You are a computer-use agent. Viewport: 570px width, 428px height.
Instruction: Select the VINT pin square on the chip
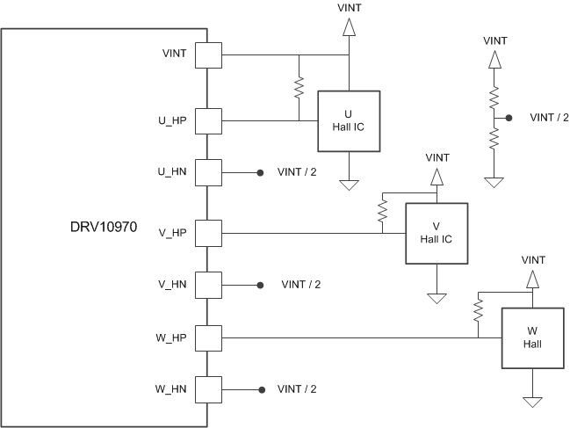(x=208, y=55)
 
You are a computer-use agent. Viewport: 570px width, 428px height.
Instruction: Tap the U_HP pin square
(x=208, y=120)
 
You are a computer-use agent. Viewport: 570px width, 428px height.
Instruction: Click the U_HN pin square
(x=208, y=172)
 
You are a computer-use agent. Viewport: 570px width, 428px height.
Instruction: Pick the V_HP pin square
(x=208, y=233)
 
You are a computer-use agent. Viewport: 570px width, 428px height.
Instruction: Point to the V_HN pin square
(x=208, y=285)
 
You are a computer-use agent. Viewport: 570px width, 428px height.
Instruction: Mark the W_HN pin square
(x=208, y=388)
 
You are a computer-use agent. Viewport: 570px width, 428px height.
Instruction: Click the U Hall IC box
(x=349, y=120)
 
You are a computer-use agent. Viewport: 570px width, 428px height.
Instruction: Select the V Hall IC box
(x=436, y=234)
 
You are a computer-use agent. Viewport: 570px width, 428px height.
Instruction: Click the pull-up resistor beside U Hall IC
(x=299, y=88)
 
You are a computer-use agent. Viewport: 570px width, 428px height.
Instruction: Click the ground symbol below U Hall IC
(x=349, y=184)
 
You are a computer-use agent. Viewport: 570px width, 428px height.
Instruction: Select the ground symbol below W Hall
(x=532, y=401)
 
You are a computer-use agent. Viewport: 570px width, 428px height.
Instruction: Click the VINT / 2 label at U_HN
(x=296, y=172)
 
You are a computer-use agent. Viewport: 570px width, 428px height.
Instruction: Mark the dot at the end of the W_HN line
(x=259, y=388)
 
